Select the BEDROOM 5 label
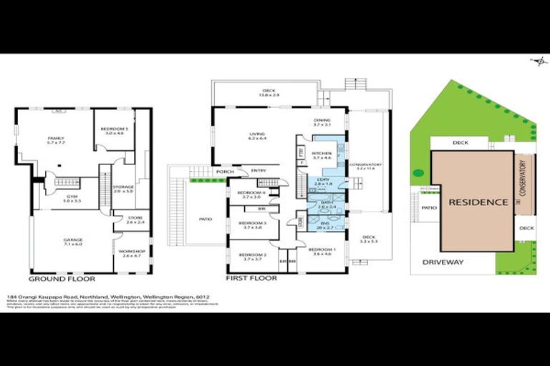(115, 129)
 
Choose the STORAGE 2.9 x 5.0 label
(123, 189)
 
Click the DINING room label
(322, 122)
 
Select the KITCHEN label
(319, 155)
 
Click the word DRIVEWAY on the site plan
(443, 262)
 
